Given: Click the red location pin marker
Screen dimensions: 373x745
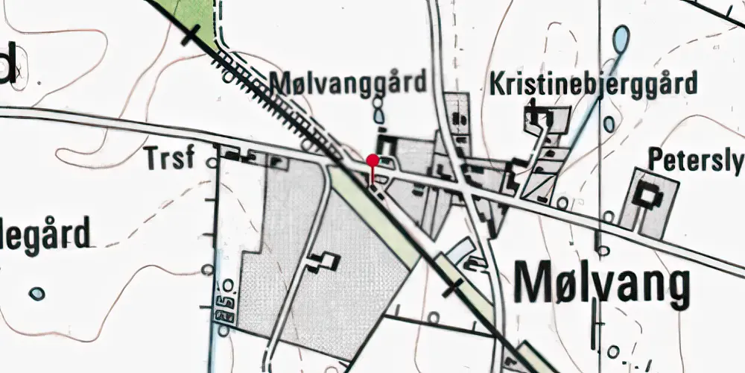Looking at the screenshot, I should click(x=372, y=160).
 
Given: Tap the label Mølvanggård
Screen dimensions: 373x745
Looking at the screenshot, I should click(x=349, y=82).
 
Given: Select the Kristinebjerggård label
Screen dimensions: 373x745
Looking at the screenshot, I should click(x=593, y=83).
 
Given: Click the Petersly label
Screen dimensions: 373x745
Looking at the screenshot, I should click(x=695, y=160).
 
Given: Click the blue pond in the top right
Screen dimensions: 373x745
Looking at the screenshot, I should click(x=620, y=37).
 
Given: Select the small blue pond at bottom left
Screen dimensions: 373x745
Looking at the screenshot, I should click(x=37, y=294).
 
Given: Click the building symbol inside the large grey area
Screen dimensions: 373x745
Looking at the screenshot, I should click(x=323, y=260).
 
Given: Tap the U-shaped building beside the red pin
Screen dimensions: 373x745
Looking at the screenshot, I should click(x=385, y=144).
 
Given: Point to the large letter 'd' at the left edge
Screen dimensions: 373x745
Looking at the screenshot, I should click(x=7, y=63).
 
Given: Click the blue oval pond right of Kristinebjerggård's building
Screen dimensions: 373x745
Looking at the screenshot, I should click(x=609, y=124).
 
